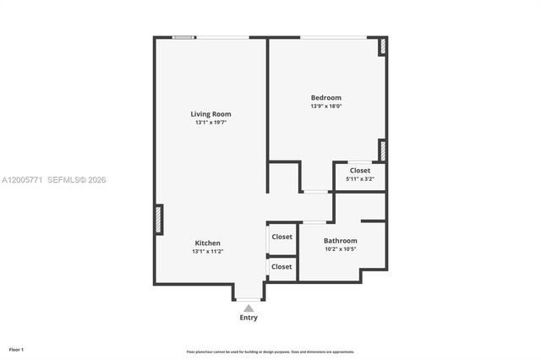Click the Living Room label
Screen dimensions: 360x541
(210, 114)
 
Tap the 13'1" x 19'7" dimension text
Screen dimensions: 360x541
(210, 123)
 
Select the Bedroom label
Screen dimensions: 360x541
(325, 97)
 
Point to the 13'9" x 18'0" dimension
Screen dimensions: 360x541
(325, 106)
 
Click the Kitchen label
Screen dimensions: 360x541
(208, 243)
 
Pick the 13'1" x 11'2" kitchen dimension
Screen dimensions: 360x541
(208, 251)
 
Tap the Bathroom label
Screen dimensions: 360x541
(341, 241)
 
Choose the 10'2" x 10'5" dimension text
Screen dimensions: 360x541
(341, 249)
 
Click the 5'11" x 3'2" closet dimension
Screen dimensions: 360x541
(360, 179)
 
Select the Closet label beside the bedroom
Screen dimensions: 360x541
(360, 171)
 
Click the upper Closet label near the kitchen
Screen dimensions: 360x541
(281, 237)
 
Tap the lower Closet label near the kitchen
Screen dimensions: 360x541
(281, 266)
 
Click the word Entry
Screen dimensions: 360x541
(249, 318)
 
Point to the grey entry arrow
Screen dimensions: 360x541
(249, 308)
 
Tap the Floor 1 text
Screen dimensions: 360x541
(16, 349)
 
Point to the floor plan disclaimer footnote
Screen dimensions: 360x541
(270, 352)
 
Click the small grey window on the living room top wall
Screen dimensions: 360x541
(184, 37)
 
